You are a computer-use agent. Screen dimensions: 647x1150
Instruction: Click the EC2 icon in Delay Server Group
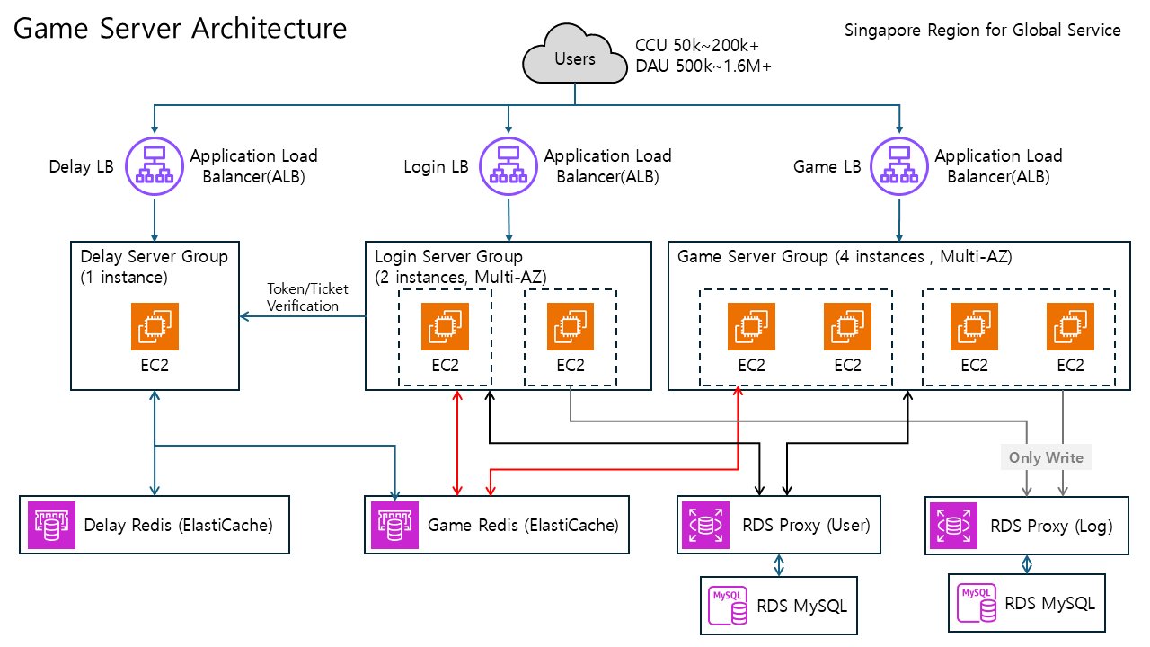(155, 326)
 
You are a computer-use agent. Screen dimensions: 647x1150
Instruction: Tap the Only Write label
(1046, 457)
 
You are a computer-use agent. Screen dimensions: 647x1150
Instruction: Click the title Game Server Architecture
(181, 29)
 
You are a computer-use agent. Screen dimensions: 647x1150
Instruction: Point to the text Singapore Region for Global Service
(982, 30)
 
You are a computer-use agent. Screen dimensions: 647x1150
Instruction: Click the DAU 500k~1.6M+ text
(703, 66)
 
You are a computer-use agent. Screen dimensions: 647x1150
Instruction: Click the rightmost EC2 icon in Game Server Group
(1070, 326)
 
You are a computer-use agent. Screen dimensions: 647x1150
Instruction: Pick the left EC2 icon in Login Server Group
(445, 326)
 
